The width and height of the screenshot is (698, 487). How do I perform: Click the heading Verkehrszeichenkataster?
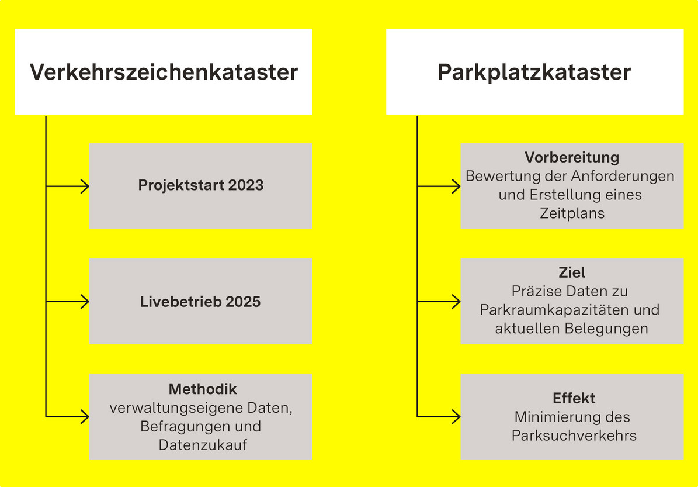[164, 72]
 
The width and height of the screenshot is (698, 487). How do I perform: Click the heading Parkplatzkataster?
[534, 72]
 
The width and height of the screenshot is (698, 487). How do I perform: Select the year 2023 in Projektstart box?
[246, 185]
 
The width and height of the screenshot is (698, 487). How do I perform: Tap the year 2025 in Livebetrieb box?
[243, 302]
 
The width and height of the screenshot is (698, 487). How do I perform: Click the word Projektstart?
[181, 185]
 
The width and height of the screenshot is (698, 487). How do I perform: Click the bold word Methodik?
[203, 389]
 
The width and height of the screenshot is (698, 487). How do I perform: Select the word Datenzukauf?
[203, 445]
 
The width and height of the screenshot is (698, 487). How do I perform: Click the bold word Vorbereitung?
[572, 157]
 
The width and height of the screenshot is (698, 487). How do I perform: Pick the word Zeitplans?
[572, 213]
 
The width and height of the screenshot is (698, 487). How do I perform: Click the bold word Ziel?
[572, 272]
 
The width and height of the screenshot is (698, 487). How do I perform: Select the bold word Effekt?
[574, 398]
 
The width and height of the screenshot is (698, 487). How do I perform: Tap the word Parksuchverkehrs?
[574, 436]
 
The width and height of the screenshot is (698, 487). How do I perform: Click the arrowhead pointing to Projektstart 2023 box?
[85, 186]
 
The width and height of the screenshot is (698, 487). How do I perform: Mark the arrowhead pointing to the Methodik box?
[85, 416]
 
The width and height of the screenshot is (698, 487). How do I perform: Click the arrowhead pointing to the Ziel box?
[457, 302]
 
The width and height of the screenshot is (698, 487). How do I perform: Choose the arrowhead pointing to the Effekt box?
[457, 416]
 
